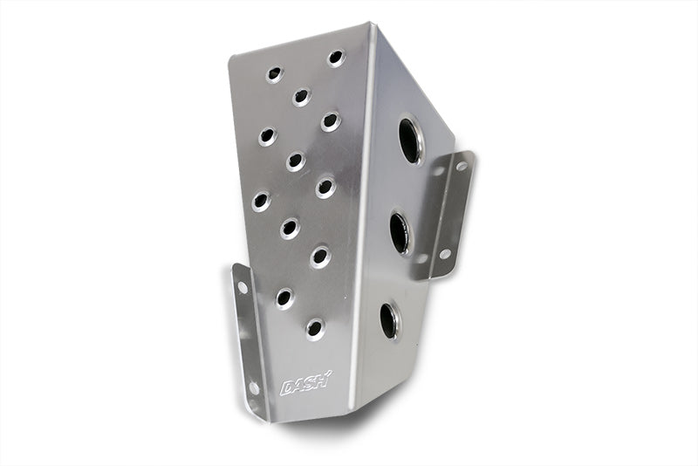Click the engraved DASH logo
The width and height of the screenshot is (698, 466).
coord(305,384)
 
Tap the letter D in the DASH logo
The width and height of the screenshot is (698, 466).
coord(287,387)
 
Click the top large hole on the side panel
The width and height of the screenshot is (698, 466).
coord(410,140)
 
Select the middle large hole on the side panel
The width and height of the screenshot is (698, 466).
coord(400,233)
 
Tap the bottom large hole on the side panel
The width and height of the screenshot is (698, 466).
coord(390,319)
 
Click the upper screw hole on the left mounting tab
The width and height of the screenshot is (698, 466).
coord(243,287)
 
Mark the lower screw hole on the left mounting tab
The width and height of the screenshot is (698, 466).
coord(254,387)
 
